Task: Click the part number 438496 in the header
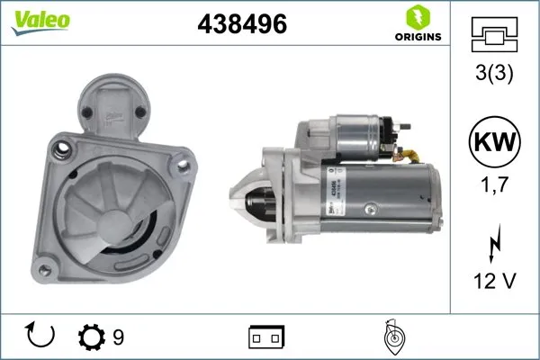pyautogui.click(x=241, y=26)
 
